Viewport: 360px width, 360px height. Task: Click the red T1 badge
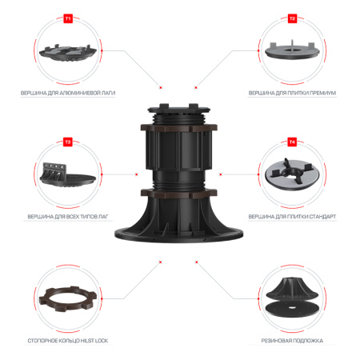[68, 17]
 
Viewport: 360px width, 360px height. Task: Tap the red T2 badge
[292, 17]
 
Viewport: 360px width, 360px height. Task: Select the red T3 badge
[68, 142]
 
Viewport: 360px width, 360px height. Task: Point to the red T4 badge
[292, 142]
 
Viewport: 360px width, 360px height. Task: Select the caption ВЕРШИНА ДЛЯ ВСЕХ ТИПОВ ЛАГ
[68, 217]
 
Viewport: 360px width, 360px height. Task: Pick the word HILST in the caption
[86, 341]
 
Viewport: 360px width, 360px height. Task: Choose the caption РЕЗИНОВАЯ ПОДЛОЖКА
[292, 341]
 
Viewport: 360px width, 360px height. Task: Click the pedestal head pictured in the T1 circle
[68, 50]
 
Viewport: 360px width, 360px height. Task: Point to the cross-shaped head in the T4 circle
[292, 174]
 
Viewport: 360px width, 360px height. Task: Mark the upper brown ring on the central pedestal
[180, 126]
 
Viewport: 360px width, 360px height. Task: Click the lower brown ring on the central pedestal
[180, 194]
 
